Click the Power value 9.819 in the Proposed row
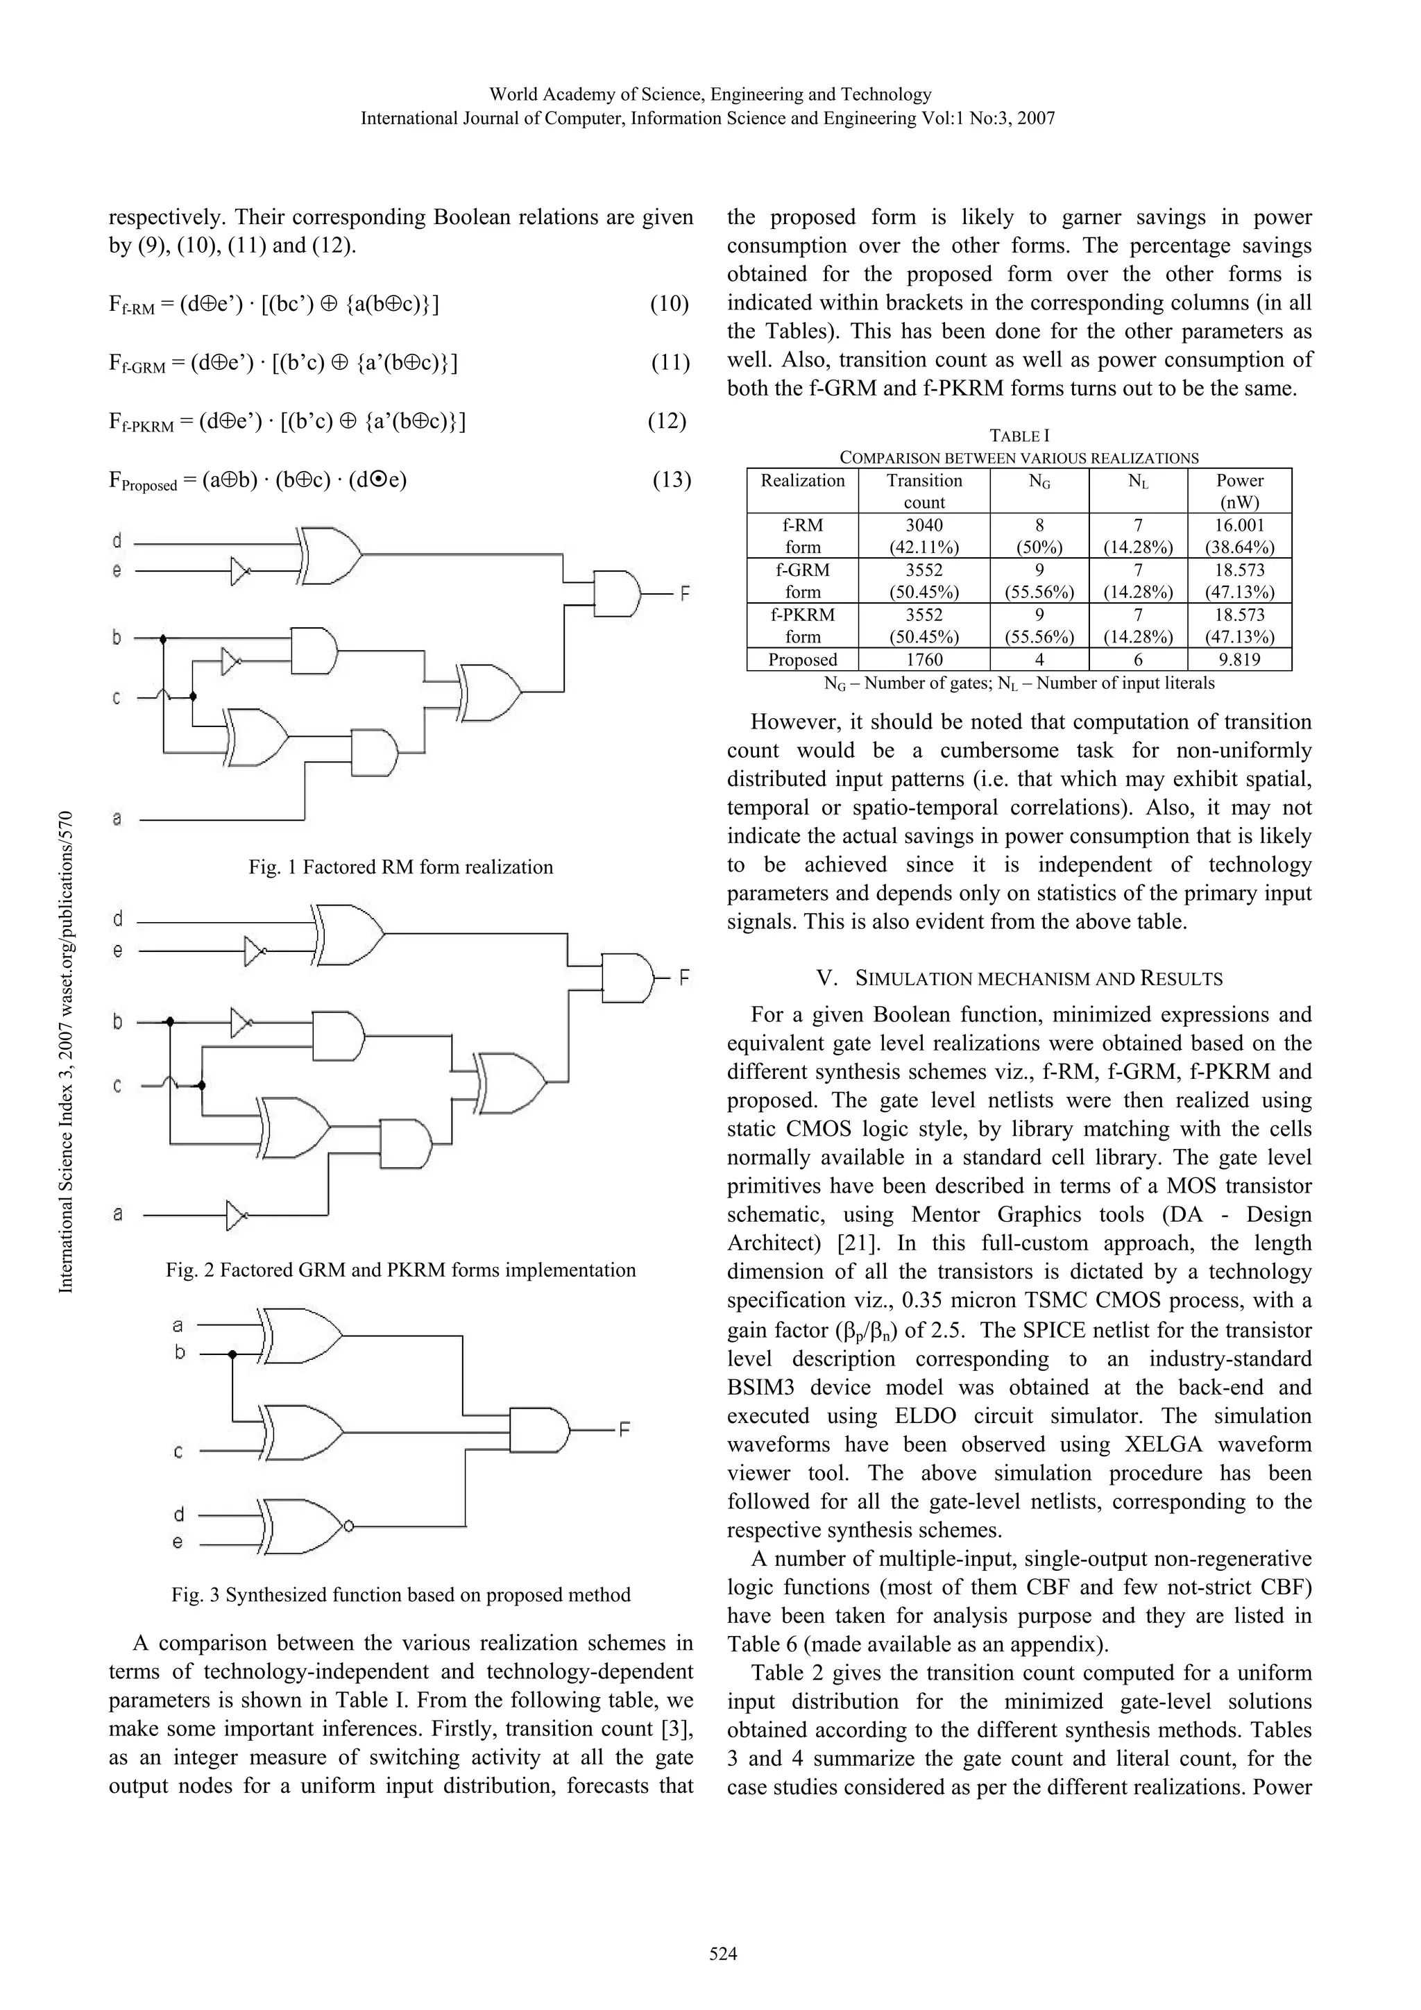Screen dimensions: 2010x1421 (x=1239, y=659)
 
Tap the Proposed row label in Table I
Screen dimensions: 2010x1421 (x=802, y=659)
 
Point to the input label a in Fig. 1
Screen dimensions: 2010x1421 (x=117, y=819)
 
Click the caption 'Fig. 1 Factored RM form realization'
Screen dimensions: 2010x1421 (x=400, y=867)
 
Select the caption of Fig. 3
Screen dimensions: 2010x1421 (x=400, y=1594)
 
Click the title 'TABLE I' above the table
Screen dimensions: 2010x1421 (x=1019, y=435)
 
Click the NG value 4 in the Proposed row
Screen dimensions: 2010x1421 (x=1039, y=659)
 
